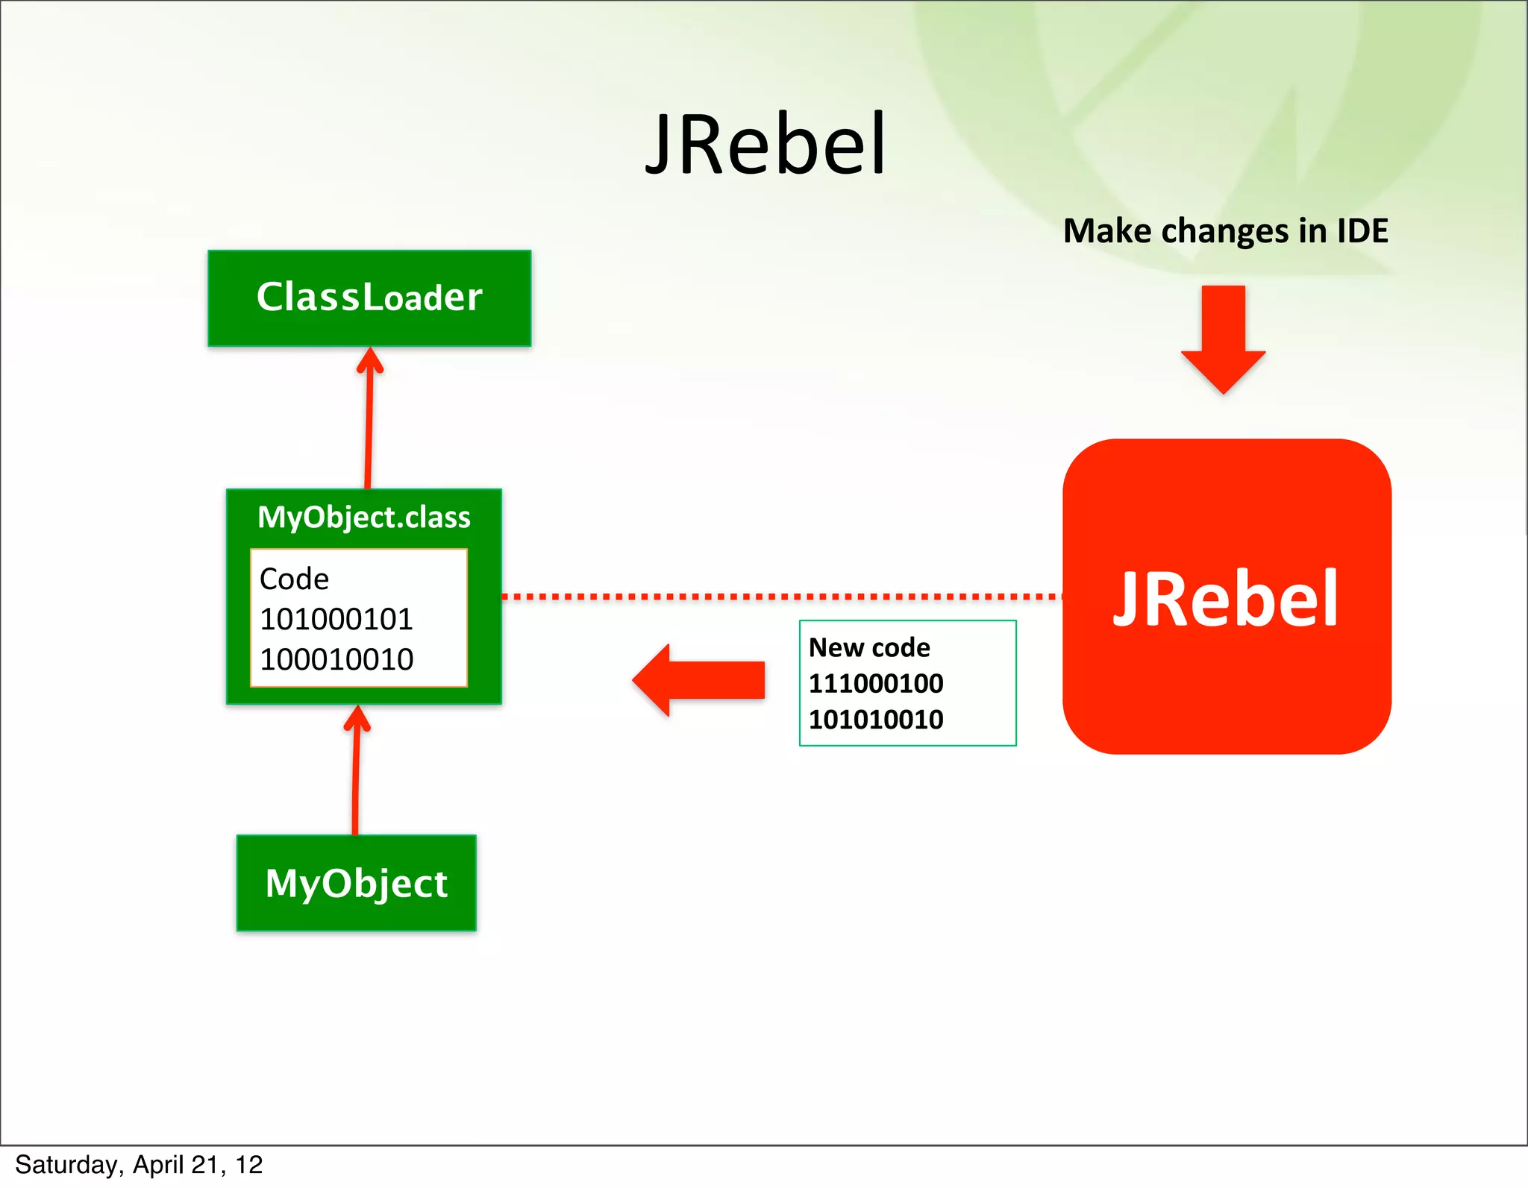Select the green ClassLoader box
(369, 298)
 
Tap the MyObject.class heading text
(364, 517)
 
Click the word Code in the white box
(294, 579)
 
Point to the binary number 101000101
(336, 619)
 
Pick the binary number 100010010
(336, 659)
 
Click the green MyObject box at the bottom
(356, 883)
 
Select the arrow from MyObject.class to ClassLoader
(369, 418)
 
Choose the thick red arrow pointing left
(698, 680)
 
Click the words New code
(869, 647)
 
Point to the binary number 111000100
(876, 683)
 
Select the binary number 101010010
(876, 720)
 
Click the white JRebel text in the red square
(1225, 598)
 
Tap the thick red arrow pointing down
(1224, 339)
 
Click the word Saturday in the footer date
(66, 1164)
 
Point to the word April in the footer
(157, 1164)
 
